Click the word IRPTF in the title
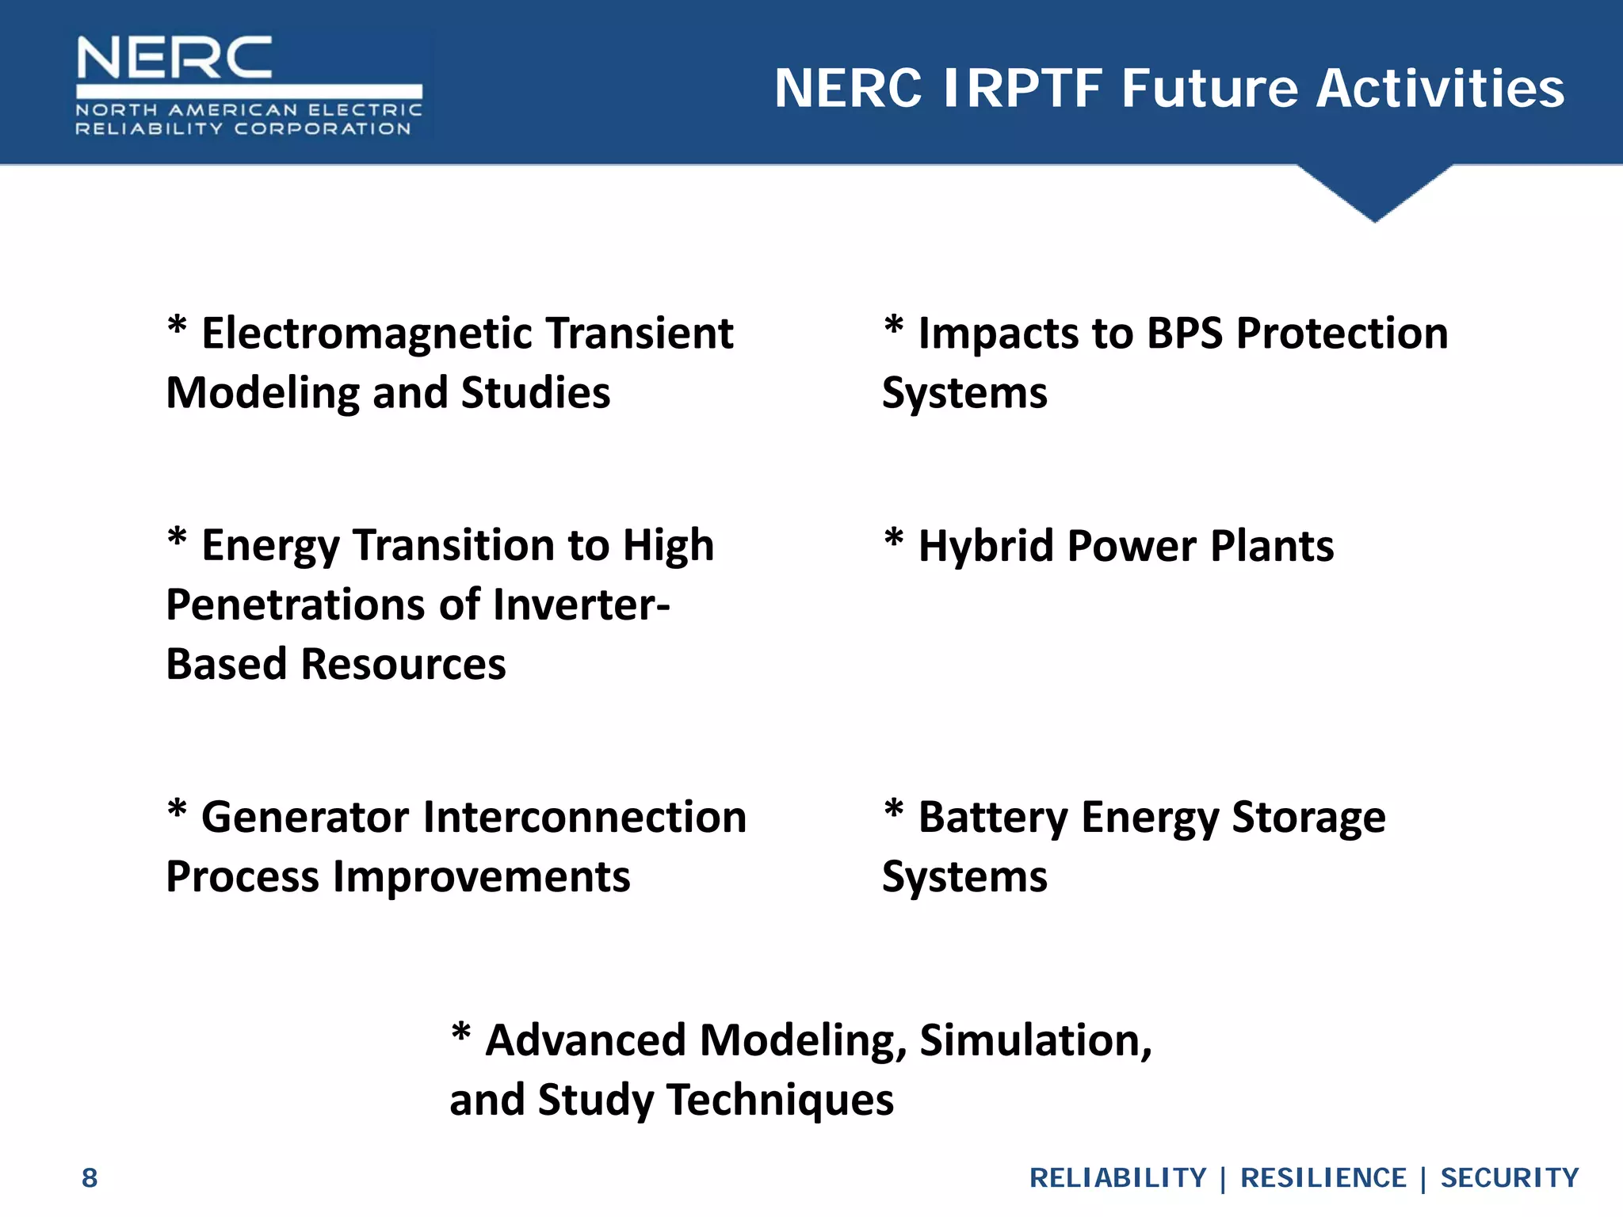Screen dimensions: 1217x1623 (1022, 88)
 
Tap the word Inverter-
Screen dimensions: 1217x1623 (581, 605)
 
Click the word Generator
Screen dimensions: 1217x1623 (305, 818)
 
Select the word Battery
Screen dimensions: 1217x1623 (993, 818)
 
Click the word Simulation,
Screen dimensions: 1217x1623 (1035, 1040)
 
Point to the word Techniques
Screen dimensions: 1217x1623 (780, 1101)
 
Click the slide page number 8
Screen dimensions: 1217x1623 (90, 1178)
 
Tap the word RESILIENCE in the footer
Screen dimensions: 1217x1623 (1323, 1178)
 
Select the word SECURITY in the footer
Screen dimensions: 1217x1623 (1509, 1178)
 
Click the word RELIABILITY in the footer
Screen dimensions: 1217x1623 (1117, 1178)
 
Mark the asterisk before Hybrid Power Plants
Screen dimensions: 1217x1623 (893, 539)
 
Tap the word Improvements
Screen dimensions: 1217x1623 (481, 878)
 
